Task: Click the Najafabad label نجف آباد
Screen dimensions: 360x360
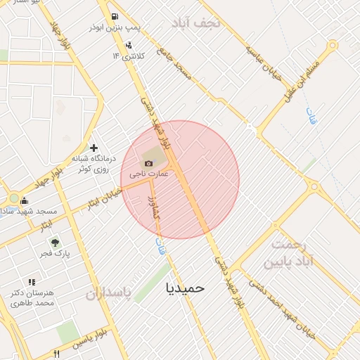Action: pyautogui.click(x=196, y=23)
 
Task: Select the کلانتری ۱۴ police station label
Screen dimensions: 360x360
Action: pyautogui.click(x=129, y=55)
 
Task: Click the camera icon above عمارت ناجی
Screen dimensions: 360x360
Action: pyautogui.click(x=148, y=163)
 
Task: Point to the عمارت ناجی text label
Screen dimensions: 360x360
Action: pyautogui.click(x=148, y=173)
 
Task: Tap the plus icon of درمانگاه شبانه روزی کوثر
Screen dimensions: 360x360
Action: pyautogui.click(x=94, y=148)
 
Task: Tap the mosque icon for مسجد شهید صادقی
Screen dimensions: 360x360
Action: pyautogui.click(x=25, y=200)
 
